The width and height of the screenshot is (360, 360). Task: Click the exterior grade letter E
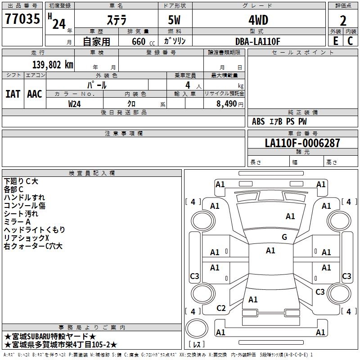pos(335,41)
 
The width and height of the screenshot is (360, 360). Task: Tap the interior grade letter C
pos(351,41)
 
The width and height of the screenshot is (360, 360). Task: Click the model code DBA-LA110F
pos(258,41)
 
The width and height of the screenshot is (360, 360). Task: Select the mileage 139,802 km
pos(53,65)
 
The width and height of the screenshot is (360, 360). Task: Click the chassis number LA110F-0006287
pos(302,143)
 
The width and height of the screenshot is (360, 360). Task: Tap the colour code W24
pos(75,103)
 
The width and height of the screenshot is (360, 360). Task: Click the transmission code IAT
pos(13,94)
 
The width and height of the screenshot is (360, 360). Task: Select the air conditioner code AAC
pos(35,94)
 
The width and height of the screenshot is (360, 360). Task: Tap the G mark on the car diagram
pos(284,237)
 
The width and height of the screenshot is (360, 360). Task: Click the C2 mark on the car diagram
pos(221,308)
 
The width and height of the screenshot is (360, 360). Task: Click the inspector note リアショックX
pos(26,238)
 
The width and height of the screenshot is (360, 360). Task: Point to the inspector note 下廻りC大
pos(21,181)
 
